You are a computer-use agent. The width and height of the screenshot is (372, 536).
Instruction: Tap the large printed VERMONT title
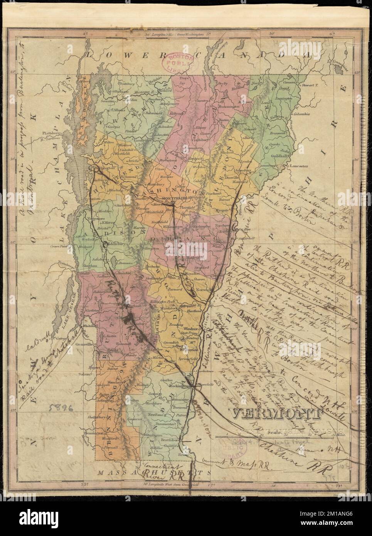tap(276, 414)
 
